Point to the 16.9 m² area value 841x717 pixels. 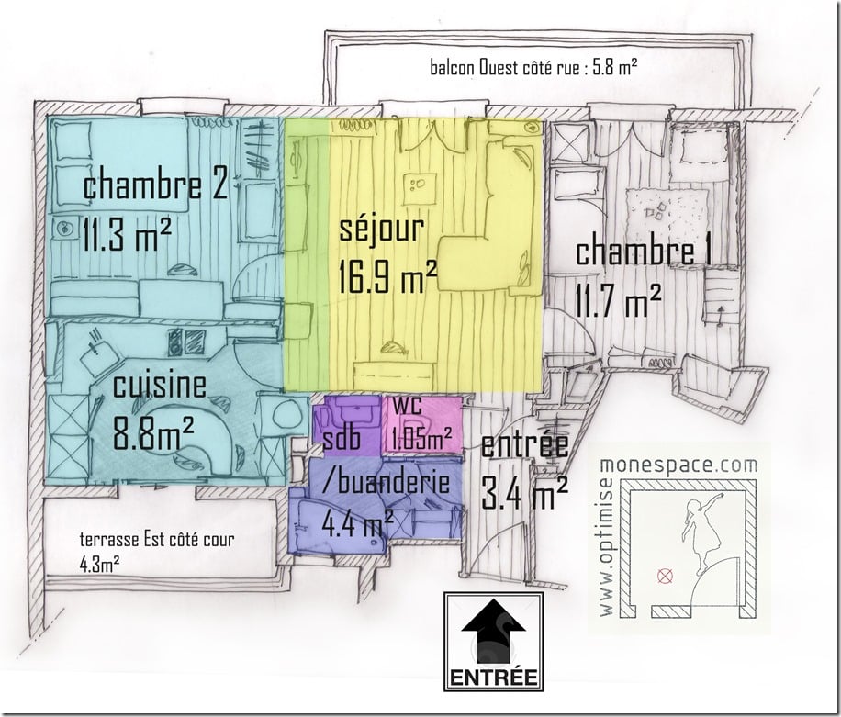pyautogui.click(x=386, y=275)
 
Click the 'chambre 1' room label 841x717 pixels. pyautogui.click(x=648, y=252)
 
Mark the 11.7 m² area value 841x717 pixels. pyautogui.click(x=619, y=298)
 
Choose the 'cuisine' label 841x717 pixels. pyautogui.click(x=159, y=387)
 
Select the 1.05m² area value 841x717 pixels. pyautogui.click(x=421, y=438)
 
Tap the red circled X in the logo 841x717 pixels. pyautogui.click(x=664, y=577)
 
